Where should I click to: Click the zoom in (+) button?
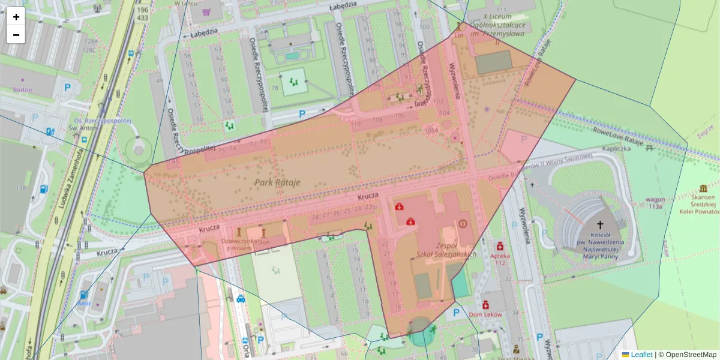coord(16,17)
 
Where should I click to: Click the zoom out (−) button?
coord(16,35)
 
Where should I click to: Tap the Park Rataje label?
coord(277,182)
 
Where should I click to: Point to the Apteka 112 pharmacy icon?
coord(499,246)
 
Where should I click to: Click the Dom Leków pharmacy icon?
coord(485,305)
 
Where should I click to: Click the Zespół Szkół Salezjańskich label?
coord(446,250)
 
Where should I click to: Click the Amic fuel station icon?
coord(84,295)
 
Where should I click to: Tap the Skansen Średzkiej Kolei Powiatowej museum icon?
coord(703,188)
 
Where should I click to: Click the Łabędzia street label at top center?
coord(343,5)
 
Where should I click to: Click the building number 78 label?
coord(275,88)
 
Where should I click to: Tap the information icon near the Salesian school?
coord(462,223)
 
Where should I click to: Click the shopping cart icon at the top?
coord(206,11)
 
